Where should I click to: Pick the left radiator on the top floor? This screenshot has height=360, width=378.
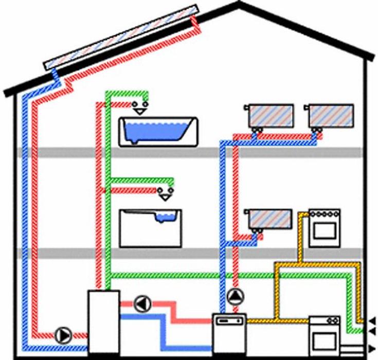[271, 116]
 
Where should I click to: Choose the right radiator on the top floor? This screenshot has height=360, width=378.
[332, 116]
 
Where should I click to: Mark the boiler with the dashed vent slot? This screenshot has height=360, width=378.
[229, 333]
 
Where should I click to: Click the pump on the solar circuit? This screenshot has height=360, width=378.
[62, 335]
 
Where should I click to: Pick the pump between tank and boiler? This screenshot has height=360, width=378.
[141, 303]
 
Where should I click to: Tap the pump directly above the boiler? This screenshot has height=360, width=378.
[234, 297]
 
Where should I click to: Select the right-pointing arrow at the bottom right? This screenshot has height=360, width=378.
[372, 348]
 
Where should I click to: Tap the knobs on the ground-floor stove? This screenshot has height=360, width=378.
[324, 321]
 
